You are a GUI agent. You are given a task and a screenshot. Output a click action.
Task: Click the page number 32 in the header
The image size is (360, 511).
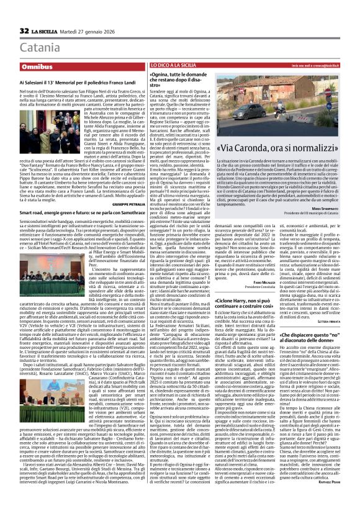click(x=24, y=31)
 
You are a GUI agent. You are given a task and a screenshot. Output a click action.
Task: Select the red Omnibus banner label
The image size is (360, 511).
click(x=37, y=65)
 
